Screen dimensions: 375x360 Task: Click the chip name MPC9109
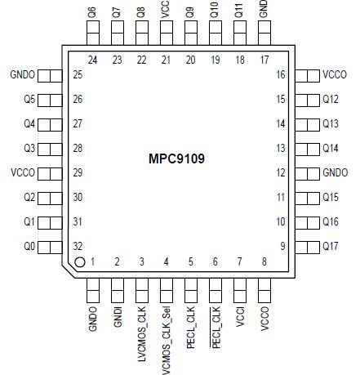[x=177, y=159]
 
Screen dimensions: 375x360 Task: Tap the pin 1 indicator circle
[x=80, y=262]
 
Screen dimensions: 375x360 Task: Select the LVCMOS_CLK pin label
[x=141, y=333]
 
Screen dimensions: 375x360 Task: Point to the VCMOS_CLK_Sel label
[x=166, y=338]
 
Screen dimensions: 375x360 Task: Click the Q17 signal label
[x=331, y=246]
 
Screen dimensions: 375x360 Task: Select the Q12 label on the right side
[x=331, y=100]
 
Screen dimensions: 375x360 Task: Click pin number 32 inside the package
[x=78, y=246]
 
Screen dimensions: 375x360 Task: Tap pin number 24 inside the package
[x=92, y=60]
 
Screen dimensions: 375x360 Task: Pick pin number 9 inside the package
[x=282, y=246]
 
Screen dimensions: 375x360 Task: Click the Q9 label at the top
[x=190, y=11]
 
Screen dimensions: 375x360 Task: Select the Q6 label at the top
[x=92, y=11]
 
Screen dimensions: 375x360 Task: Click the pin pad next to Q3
[x=50, y=149]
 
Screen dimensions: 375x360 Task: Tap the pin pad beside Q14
[x=307, y=149]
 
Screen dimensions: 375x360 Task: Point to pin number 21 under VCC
[x=166, y=60]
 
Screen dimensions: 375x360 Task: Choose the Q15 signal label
[x=331, y=197]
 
